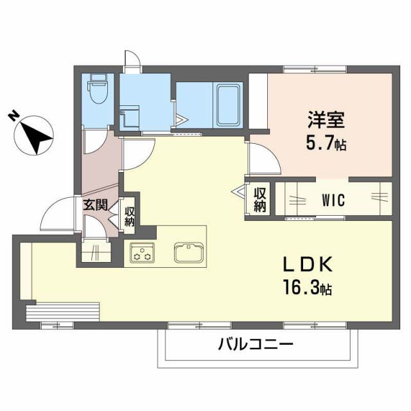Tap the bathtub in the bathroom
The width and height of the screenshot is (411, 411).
(x=227, y=105)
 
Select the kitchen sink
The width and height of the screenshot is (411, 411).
(x=189, y=251)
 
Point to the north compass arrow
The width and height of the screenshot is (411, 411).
(x=33, y=134)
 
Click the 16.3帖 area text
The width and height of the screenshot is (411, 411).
(x=306, y=289)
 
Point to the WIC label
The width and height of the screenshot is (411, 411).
(x=333, y=200)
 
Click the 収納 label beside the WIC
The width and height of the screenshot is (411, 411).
(x=259, y=199)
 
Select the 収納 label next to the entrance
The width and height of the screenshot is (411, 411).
(x=129, y=215)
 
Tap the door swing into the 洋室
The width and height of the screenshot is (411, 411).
(x=263, y=159)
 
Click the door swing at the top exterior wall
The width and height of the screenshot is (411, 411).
(x=131, y=60)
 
